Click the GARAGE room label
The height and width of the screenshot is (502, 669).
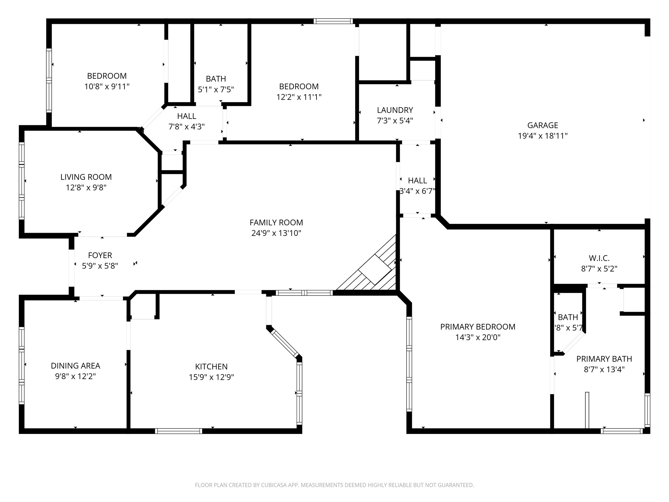tap(543, 125)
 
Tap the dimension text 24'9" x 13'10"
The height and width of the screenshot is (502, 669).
tap(276, 233)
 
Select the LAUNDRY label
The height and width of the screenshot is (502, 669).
tap(395, 110)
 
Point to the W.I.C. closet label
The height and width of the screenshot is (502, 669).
tap(599, 258)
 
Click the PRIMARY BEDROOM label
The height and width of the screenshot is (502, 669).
tap(478, 327)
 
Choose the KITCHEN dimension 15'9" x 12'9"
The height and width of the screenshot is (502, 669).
tap(211, 377)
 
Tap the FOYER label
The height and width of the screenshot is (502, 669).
tap(100, 255)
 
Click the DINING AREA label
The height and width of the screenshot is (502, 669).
tap(75, 366)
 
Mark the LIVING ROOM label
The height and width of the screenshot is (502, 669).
tap(86, 177)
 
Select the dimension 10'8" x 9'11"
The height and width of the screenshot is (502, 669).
tap(107, 87)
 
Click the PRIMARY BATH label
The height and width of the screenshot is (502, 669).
tap(604, 359)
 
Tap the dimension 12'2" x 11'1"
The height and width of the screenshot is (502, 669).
tap(299, 97)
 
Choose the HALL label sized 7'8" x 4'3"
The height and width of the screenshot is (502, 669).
tap(187, 116)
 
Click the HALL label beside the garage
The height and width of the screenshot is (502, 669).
tap(417, 180)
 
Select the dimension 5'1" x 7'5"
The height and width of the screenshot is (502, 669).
tap(216, 89)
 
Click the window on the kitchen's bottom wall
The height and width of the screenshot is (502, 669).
tap(178, 431)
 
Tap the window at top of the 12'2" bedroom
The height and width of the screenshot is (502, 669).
tap(333, 21)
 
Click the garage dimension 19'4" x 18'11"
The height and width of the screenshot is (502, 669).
tap(543, 136)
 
